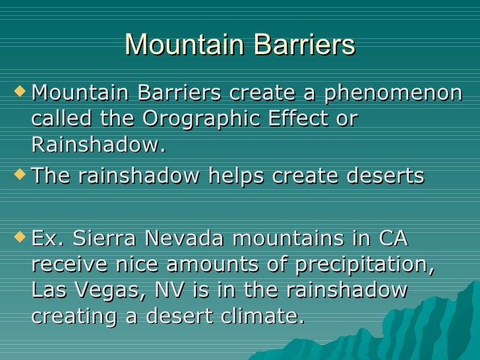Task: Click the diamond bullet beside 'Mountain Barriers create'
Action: [x=19, y=92]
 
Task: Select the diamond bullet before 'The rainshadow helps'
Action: [x=19, y=175]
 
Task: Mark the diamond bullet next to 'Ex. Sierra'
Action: [x=19, y=237]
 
